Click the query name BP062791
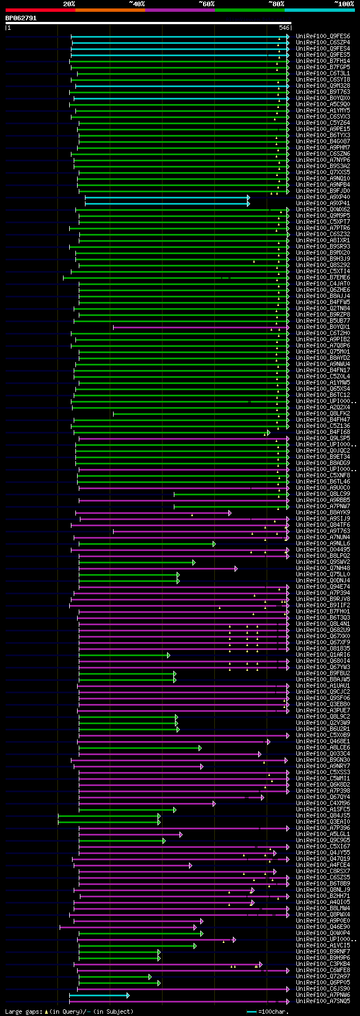pos(21,18)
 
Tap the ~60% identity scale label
pos(206,4)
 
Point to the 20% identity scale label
pos(69,4)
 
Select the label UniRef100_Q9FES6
pos(323,36)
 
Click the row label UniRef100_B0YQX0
pos(323,98)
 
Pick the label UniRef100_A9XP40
pos(323,197)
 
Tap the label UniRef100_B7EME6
pos(323,277)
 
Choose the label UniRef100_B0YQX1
pos(323,327)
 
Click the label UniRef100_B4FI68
pos(323,432)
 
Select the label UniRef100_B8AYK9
pos(323,512)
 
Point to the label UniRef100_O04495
pos(323,549)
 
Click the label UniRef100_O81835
pos(323,648)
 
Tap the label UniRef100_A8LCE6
pos(323,747)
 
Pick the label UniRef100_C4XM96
pos(323,803)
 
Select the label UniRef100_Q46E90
pos(323,927)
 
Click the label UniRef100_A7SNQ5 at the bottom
pos(323,1001)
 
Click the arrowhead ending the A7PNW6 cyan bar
pos(128,995)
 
